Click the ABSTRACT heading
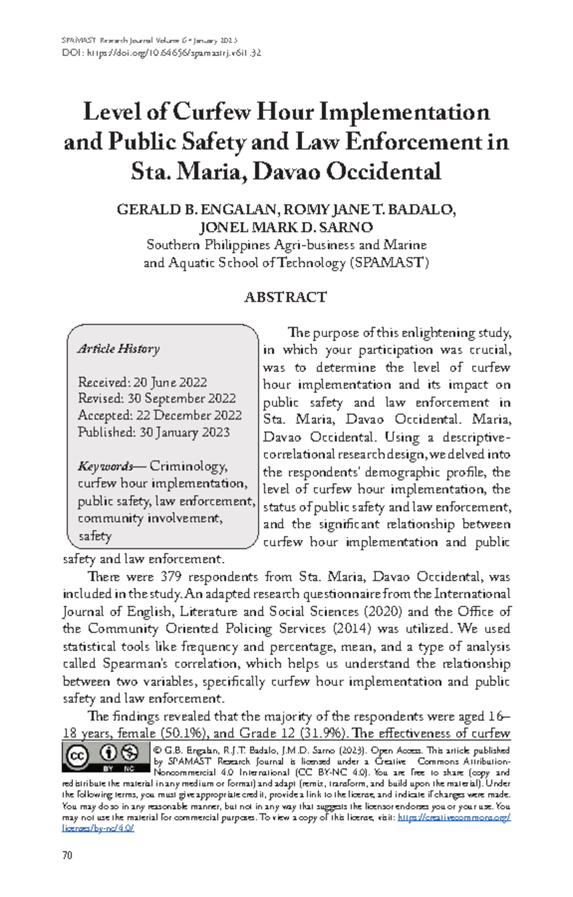(x=286, y=297)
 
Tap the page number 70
(x=67, y=855)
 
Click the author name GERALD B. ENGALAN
(x=196, y=210)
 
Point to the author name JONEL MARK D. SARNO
(x=286, y=227)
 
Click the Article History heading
(x=118, y=349)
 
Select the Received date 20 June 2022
(x=170, y=382)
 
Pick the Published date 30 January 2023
(x=184, y=432)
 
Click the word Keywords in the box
(x=105, y=466)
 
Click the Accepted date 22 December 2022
(x=189, y=416)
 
